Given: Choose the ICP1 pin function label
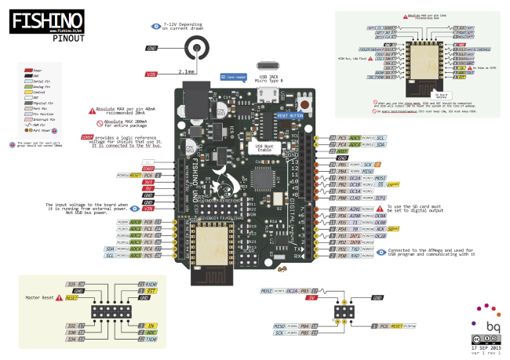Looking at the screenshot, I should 381,198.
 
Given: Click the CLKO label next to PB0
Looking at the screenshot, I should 355,198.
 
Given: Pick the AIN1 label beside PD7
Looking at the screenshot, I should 355,210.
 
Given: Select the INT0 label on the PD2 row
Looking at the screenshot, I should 355,243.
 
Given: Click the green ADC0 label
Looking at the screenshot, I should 135,222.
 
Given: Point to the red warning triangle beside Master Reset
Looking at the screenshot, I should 59,298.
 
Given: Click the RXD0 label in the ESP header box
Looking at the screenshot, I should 151,283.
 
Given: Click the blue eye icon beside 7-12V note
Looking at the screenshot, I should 155,25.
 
